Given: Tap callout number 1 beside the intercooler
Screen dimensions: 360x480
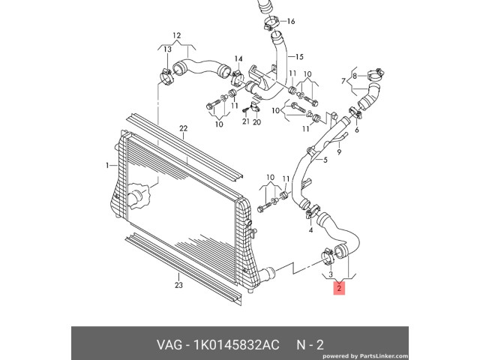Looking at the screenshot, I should click(107, 165).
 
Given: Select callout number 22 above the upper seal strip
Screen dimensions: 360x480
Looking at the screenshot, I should click(182, 129).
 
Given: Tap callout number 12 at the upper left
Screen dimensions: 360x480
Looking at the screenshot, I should click(177, 35).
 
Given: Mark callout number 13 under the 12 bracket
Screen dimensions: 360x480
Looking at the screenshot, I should click(168, 49).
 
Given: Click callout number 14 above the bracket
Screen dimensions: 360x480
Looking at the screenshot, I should click(238, 58).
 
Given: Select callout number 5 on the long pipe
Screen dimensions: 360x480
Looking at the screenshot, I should click(325, 159).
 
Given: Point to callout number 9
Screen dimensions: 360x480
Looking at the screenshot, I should click(338, 152).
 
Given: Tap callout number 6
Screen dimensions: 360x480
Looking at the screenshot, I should click(356, 130).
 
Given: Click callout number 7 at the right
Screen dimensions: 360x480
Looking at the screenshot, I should click(343, 80).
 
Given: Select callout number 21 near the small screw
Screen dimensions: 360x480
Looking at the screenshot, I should click(244, 121).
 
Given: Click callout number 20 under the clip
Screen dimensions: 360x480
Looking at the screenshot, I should click(257, 121).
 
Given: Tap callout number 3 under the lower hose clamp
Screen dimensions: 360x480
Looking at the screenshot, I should click(331, 276).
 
